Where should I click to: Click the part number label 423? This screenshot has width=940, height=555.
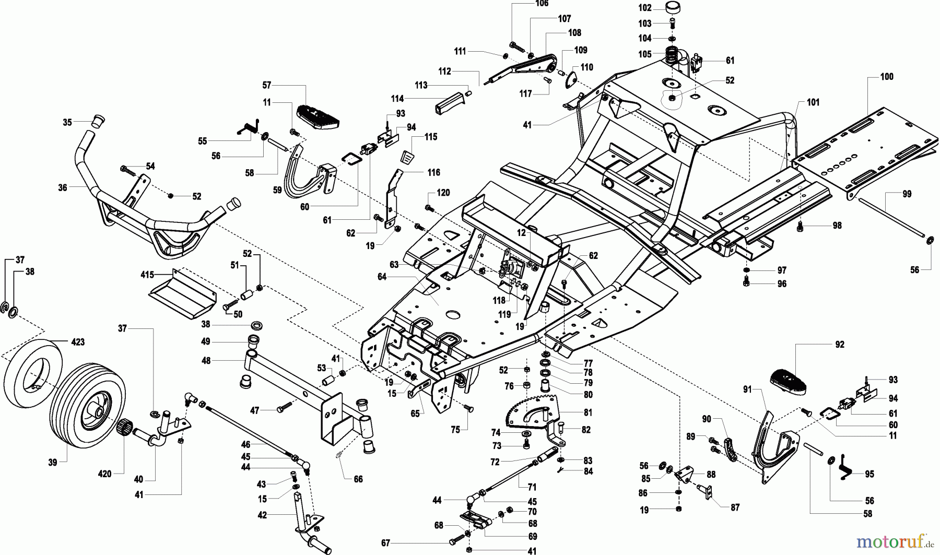pos(78,343)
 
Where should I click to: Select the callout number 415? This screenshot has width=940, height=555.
pos(147,274)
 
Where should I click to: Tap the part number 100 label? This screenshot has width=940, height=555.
pos(887,77)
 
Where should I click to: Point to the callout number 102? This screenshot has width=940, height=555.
pos(645,8)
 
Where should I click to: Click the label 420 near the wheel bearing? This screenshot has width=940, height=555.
pos(105,474)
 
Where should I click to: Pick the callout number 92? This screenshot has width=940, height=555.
pos(839,345)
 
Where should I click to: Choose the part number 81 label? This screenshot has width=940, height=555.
pos(588,412)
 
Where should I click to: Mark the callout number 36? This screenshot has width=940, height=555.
pos(63,187)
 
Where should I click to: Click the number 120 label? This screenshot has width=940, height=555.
pos(443,193)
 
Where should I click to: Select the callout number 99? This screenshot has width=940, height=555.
pos(907,194)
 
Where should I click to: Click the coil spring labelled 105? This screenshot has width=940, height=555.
pos(673,54)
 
